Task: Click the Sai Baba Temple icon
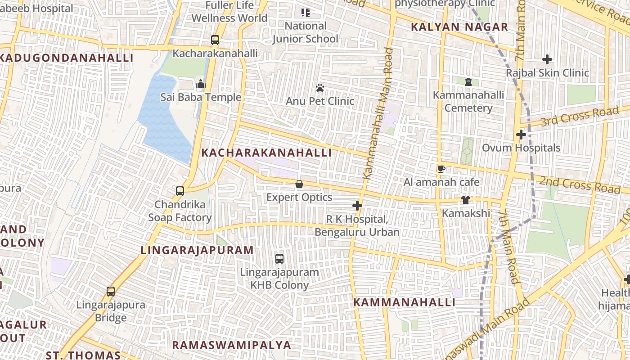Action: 201,84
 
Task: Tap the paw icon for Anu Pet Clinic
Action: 320,88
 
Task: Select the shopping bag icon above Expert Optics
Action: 299,184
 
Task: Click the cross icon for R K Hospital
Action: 357,206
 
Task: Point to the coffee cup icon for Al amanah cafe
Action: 441,169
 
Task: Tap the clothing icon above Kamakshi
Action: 466,200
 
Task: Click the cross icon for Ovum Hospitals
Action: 521,135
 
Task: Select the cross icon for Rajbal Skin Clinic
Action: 547,59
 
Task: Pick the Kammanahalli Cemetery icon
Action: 468,82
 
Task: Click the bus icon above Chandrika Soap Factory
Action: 180,191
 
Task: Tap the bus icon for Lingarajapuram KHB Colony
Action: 279,259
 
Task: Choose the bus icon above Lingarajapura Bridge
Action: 111,292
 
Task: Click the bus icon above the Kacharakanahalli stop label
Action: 215,40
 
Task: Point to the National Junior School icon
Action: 306,13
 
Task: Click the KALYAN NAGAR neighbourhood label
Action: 459,27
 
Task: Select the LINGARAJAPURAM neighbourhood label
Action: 197,250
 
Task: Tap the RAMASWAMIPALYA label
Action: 232,345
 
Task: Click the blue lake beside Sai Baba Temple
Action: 162,117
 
